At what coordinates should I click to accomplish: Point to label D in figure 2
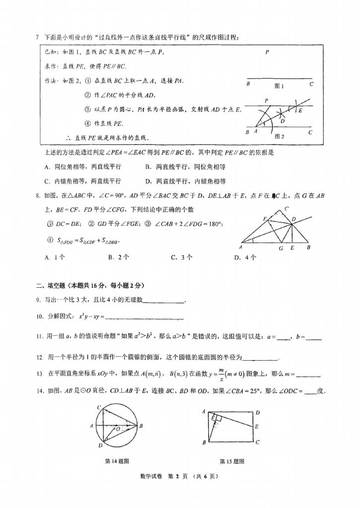283,121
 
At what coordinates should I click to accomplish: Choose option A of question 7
83,167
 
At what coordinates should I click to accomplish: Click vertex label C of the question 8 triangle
287,209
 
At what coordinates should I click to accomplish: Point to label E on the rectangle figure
256,426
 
